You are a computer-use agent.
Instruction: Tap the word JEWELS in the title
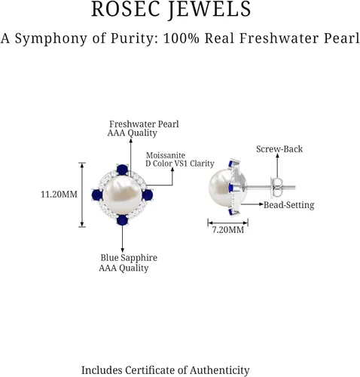[209, 9]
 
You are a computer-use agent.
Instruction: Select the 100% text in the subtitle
[182, 38]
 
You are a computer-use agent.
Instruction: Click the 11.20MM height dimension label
[59, 195]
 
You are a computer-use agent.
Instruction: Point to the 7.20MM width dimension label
[228, 230]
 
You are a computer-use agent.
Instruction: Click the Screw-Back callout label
[279, 149]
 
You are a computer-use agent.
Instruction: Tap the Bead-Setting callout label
[288, 205]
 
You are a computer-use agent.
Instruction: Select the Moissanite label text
[166, 155]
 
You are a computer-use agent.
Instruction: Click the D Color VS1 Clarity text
[180, 164]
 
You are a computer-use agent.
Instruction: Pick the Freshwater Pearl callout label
[144, 124]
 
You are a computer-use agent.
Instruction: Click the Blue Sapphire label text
[129, 258]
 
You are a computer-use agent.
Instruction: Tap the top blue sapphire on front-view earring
[122, 170]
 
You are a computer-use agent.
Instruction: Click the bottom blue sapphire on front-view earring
[122, 220]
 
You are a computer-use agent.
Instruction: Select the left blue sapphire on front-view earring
[97, 195]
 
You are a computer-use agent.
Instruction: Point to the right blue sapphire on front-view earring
[148, 195]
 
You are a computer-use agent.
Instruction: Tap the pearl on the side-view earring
[221, 188]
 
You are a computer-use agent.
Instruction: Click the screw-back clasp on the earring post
[276, 187]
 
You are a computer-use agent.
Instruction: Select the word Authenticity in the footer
[219, 370]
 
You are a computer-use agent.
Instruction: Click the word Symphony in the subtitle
[51, 39]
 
